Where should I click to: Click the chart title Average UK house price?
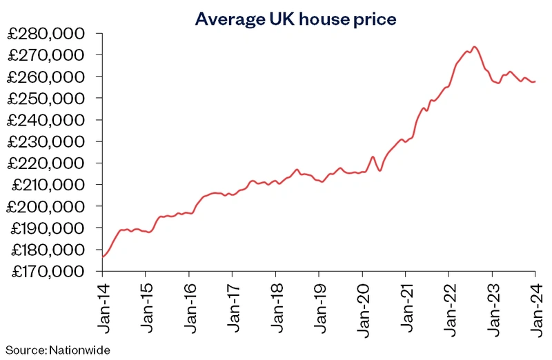click(x=295, y=19)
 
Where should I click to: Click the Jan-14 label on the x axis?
click(x=102, y=302)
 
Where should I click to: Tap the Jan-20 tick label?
click(x=362, y=302)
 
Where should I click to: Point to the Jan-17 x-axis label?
click(x=233, y=302)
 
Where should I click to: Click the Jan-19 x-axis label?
click(x=319, y=302)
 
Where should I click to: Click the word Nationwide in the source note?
click(x=79, y=350)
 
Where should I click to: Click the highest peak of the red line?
click(x=474, y=47)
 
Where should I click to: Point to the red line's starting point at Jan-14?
click(x=103, y=257)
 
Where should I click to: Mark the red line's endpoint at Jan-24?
click(x=535, y=81)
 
